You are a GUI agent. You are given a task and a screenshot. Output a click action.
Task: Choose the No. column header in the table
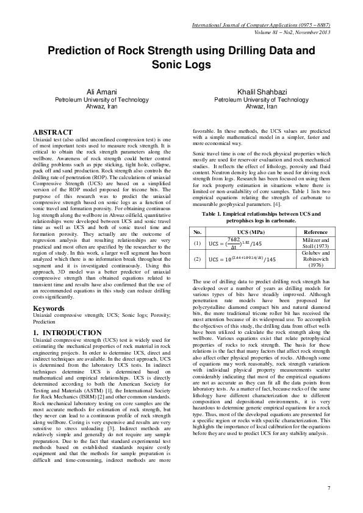[198, 232]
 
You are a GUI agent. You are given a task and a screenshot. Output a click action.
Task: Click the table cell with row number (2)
[198, 259]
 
